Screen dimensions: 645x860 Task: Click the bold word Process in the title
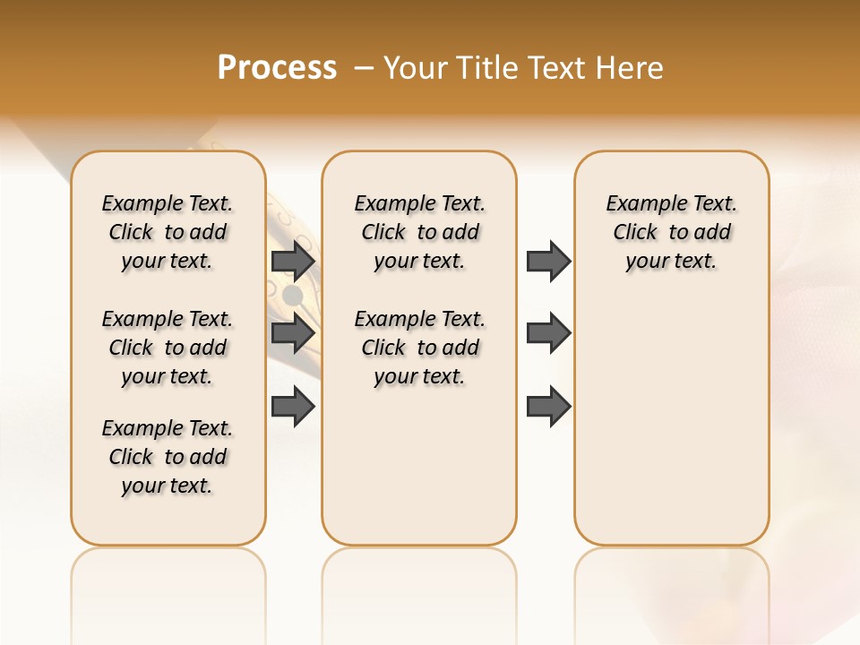[x=277, y=68]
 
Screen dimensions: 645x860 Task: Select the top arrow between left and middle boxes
[x=293, y=261]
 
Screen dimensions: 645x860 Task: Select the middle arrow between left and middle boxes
[x=293, y=333]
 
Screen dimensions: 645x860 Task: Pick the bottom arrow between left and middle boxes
[x=293, y=407]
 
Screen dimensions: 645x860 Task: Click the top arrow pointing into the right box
[x=548, y=261]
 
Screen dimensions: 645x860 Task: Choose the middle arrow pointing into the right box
[x=548, y=333]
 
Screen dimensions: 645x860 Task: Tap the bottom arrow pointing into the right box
[x=548, y=407]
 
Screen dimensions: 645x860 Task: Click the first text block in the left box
[x=168, y=232]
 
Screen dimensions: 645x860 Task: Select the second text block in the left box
[x=168, y=348]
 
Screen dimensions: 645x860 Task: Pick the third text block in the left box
[x=168, y=457]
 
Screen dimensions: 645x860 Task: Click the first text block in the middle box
[x=419, y=232]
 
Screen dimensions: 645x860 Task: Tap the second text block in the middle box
[x=419, y=348]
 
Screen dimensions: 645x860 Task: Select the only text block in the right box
[x=671, y=232]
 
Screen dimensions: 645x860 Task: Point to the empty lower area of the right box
[x=671, y=421]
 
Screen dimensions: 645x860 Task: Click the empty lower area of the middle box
[x=419, y=466]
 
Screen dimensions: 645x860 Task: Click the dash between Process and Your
[x=364, y=68]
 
